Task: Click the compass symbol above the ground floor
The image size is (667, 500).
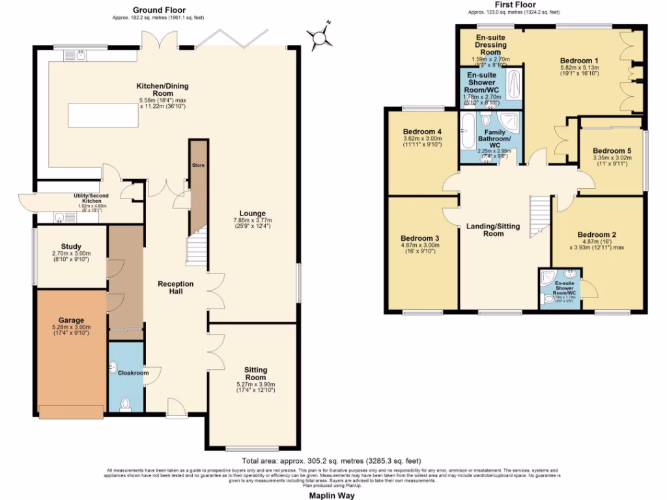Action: point(320,36)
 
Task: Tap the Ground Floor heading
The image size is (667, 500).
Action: point(159,10)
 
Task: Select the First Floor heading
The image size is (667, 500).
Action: point(515,5)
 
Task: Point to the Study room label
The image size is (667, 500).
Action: point(71,246)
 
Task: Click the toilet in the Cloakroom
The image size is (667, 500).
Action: point(126,405)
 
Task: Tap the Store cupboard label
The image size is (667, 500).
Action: point(198,165)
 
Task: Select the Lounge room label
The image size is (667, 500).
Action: point(252,213)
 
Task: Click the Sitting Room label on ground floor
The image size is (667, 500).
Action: point(255,373)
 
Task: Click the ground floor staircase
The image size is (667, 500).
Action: point(196,249)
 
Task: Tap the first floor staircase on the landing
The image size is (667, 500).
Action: point(539,217)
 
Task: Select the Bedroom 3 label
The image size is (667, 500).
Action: point(419,238)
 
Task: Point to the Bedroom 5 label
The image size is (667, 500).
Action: point(612,149)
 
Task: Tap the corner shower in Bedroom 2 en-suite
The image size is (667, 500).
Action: point(549,277)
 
